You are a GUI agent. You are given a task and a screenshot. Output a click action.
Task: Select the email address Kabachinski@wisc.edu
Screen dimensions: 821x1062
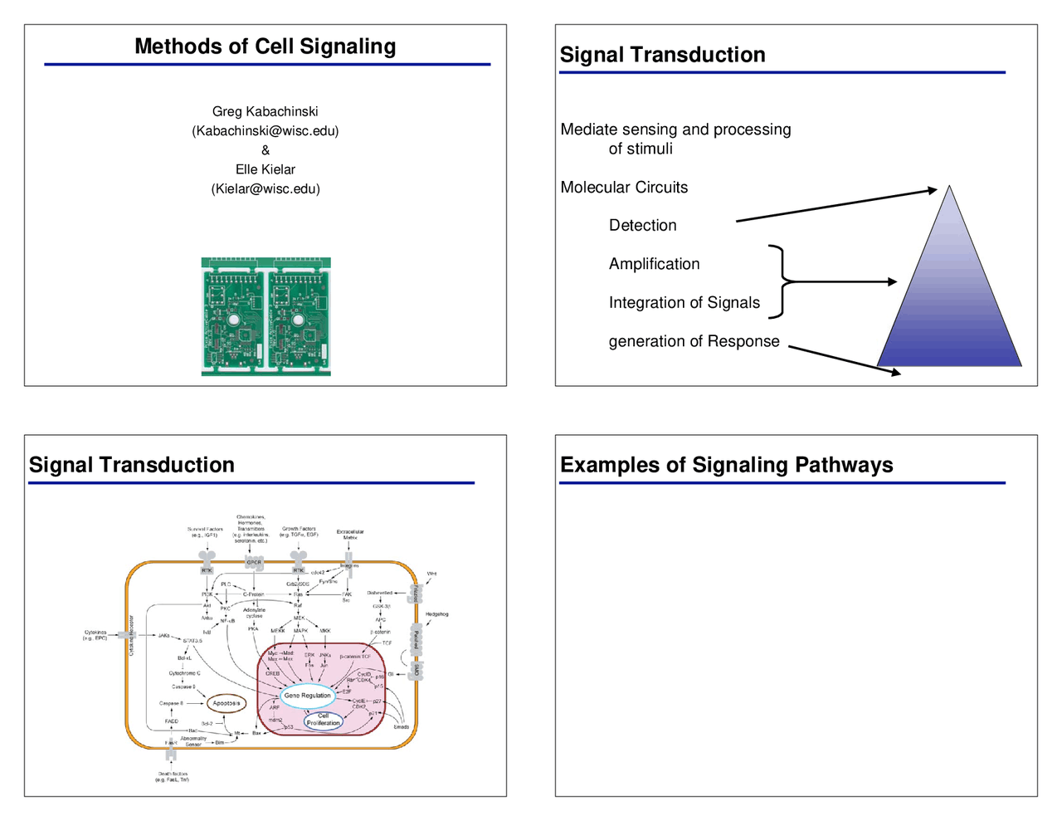click(265, 131)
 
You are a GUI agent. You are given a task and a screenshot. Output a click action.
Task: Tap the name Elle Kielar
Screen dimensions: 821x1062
click(265, 169)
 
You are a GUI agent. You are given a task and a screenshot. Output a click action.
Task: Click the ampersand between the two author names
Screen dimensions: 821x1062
click(265, 150)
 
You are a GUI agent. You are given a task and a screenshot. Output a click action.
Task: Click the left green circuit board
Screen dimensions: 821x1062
click(233, 317)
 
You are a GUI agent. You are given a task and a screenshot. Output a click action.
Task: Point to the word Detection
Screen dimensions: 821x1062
click(642, 225)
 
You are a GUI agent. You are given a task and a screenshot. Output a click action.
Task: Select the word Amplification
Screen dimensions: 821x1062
click(654, 264)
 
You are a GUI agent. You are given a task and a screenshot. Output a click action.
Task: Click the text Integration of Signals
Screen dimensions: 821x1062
click(684, 302)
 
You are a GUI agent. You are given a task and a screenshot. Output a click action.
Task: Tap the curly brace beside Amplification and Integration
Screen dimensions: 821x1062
click(780, 281)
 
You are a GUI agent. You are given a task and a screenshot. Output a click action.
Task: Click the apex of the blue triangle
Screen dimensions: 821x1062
click(949, 188)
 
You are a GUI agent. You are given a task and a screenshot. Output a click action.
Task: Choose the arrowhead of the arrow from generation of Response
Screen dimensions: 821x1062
click(895, 373)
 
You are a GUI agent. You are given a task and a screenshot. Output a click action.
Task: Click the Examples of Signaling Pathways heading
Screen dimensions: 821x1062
click(726, 465)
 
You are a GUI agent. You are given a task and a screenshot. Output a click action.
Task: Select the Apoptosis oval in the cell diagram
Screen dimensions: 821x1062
click(226, 703)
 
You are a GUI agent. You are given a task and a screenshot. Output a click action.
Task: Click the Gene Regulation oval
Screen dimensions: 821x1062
click(307, 696)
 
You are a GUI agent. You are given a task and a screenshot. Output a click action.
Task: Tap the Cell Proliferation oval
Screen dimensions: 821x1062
click(323, 720)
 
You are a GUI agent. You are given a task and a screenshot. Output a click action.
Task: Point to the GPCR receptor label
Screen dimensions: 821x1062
click(254, 562)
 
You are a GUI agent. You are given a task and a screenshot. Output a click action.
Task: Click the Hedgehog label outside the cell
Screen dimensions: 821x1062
click(436, 614)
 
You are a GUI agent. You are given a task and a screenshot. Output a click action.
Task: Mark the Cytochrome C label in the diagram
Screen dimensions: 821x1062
click(184, 673)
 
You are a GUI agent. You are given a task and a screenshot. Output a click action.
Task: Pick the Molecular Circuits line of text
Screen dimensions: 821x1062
click(624, 187)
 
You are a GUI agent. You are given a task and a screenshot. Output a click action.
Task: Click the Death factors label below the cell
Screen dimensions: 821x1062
click(173, 776)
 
